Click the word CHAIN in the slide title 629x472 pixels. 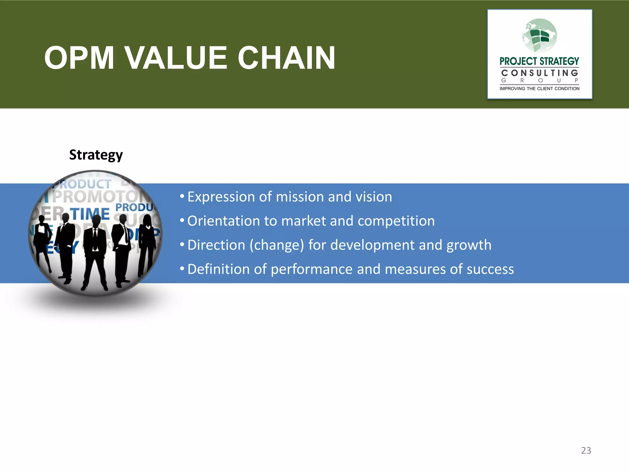point(286,58)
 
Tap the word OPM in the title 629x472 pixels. point(79,58)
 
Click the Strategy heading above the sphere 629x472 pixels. point(96,155)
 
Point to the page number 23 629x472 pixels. point(586,450)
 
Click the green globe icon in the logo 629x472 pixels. point(540,35)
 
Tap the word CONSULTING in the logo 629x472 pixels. point(540,73)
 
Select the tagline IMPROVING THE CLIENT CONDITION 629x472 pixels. point(540,89)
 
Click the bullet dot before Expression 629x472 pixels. point(182,196)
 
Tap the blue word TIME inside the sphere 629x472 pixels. point(90,214)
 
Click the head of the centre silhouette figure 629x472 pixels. point(96,221)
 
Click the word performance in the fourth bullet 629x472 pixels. point(311,269)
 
